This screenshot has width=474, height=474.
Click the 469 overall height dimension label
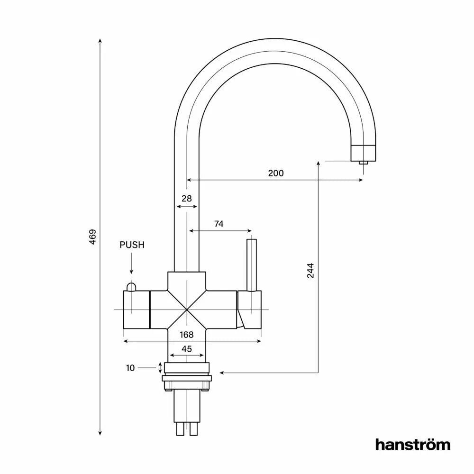[x=93, y=237]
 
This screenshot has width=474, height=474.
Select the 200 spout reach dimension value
[x=276, y=173]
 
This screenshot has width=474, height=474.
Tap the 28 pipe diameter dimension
[x=186, y=199]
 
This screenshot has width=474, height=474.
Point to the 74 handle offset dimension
[x=219, y=224]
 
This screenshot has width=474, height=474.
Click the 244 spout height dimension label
[x=310, y=270]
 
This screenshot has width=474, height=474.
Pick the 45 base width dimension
[x=187, y=349]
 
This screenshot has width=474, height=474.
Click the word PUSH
[x=132, y=245]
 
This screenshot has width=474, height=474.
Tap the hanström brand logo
[x=413, y=444]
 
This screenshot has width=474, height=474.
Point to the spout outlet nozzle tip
[x=363, y=163]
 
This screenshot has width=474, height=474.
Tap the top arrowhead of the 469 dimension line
[x=100, y=41]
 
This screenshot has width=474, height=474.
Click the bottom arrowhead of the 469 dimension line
[x=100, y=433]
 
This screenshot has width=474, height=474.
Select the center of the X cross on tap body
[x=187, y=310]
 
